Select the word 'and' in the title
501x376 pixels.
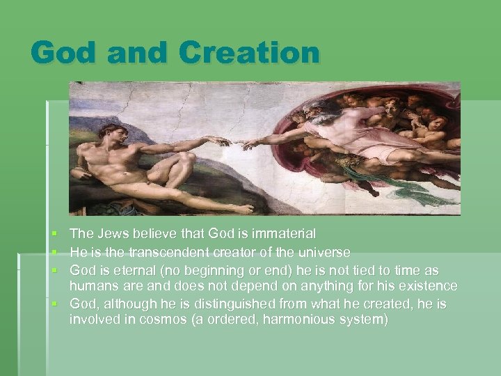134,53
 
